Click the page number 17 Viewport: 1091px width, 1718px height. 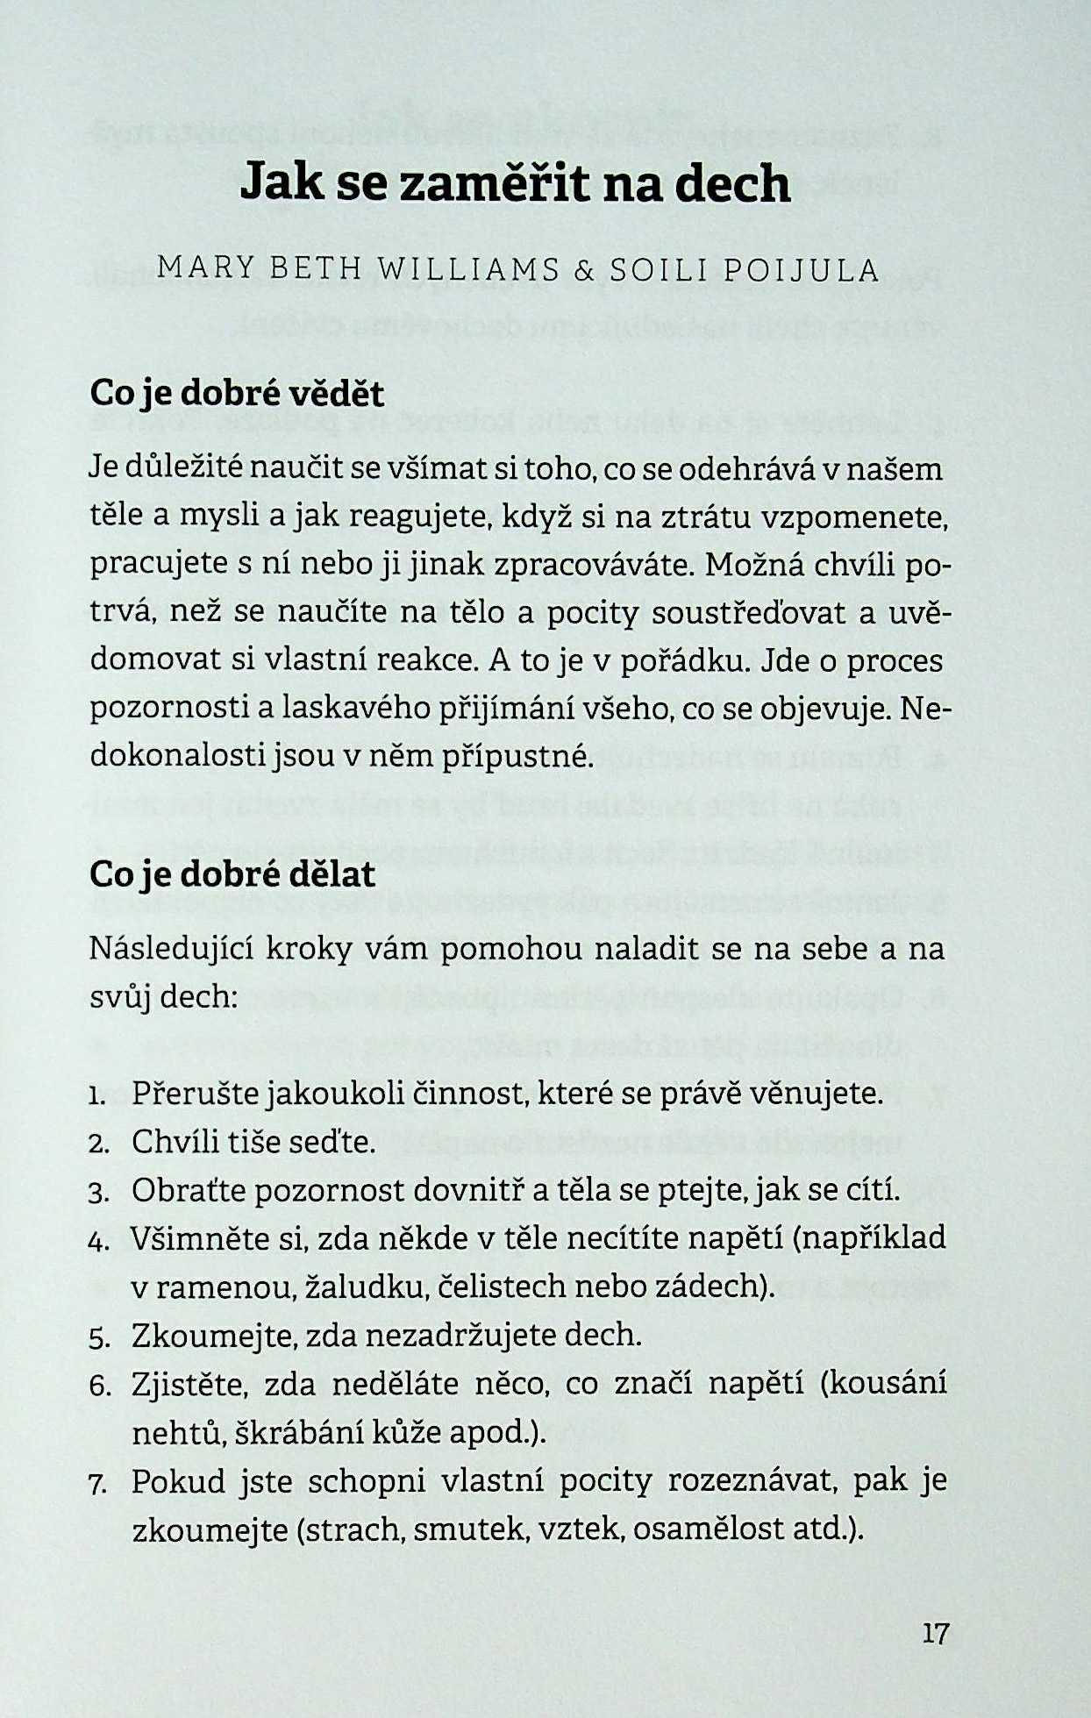pyautogui.click(x=936, y=1633)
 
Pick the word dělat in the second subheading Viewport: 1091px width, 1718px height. pyautogui.click(x=330, y=873)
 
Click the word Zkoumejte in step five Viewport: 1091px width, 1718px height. pyautogui.click(x=204, y=1336)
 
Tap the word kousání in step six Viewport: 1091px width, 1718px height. pyautogui.click(x=888, y=1384)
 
